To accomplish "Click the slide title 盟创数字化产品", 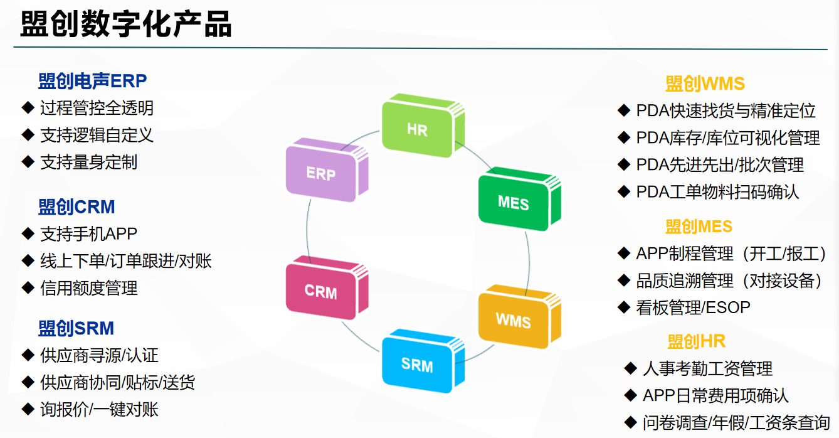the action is [126, 24].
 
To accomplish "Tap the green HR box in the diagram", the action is [423, 126].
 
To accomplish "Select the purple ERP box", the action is [327, 169].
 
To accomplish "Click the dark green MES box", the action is [519, 198].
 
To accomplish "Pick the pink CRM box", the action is [327, 288].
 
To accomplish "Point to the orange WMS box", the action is [519, 317].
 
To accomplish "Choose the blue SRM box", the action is [423, 361].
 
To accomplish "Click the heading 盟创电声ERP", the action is [93, 81].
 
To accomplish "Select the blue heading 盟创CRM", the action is [77, 207].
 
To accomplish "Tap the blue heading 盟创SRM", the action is [76, 328].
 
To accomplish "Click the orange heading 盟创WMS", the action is [705, 83].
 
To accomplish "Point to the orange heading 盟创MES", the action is [699, 227].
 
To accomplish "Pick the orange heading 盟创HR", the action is [696, 342].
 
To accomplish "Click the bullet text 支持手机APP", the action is [89, 234].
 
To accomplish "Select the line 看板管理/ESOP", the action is [693, 307].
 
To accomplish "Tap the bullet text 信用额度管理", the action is [89, 288].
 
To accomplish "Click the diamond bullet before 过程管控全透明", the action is [28, 107].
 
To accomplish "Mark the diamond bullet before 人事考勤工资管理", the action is [631, 368].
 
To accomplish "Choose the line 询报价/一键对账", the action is [99, 410].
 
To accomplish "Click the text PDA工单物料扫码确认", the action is [717, 192].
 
